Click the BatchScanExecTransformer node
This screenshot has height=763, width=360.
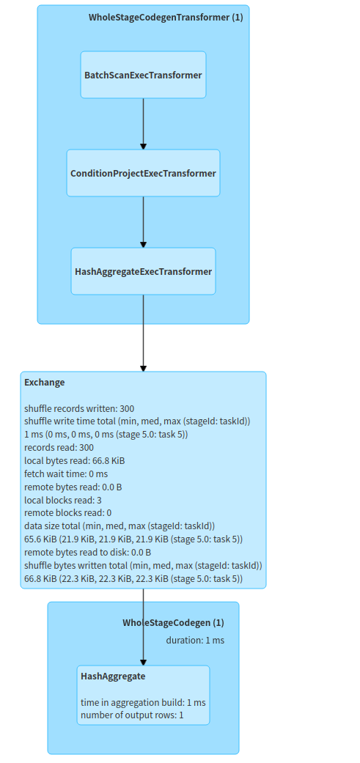tap(143, 75)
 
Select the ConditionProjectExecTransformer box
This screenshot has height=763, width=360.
tap(143, 173)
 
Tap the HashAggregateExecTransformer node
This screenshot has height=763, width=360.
tap(143, 271)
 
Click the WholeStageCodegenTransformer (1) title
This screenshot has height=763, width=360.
tap(166, 18)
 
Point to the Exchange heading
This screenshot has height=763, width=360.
tap(45, 383)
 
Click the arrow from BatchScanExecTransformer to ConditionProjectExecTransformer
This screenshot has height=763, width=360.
tap(143, 123)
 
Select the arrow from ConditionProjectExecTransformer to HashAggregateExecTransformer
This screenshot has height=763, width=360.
tap(143, 221)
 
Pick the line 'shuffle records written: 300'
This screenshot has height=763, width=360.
tap(79, 408)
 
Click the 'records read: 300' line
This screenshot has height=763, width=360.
tap(59, 447)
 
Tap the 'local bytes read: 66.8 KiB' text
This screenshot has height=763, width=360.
tap(74, 460)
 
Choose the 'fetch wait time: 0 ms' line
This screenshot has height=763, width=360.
tap(66, 473)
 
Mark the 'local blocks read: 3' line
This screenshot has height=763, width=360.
tap(65, 500)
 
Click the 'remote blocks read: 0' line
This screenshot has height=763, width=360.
tap(68, 512)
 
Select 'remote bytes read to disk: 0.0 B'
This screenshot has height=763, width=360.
tap(87, 552)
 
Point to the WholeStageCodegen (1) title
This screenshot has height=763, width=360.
tap(173, 623)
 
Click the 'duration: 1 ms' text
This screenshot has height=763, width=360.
tap(195, 640)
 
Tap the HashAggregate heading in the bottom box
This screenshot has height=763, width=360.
tap(113, 677)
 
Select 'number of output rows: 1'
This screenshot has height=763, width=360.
tap(132, 715)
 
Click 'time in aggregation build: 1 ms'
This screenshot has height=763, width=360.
tap(143, 702)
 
